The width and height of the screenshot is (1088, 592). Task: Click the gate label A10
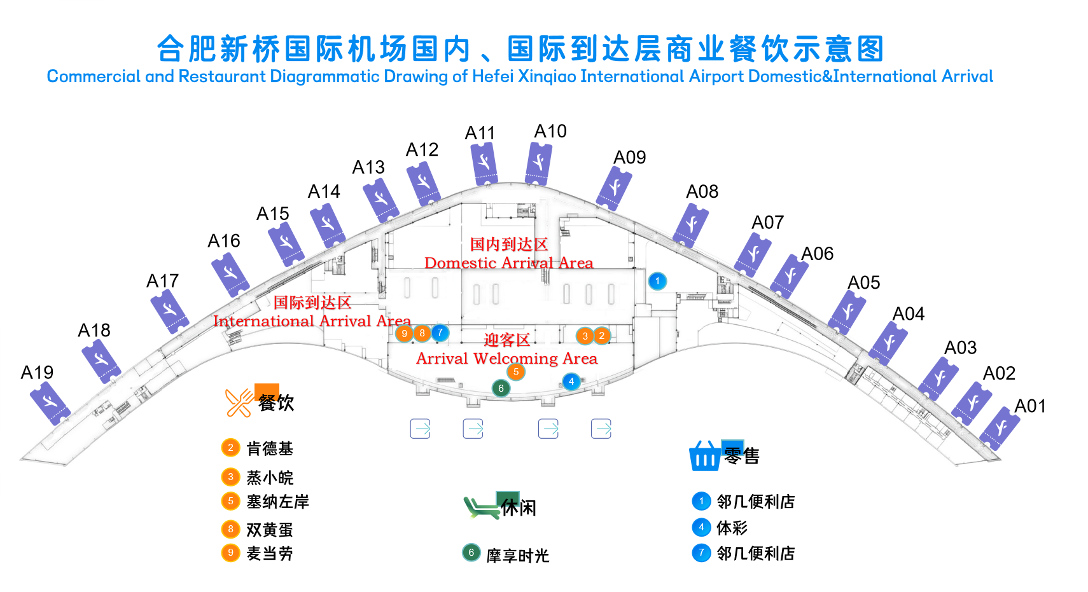550,131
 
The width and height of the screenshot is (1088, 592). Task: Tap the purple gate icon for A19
50,403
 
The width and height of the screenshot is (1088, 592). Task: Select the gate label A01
1029,406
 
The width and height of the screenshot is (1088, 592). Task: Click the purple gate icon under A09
614,188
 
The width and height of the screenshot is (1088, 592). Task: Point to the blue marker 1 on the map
657,281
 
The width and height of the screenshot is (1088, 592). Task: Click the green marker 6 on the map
501,388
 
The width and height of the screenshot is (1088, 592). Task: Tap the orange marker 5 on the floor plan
516,372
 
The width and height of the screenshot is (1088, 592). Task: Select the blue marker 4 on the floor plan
571,382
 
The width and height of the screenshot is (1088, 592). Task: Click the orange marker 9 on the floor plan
404,333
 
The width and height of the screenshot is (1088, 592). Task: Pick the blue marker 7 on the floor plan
440,333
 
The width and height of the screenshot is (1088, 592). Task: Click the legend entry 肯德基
270,448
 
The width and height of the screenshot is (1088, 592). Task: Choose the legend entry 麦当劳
270,553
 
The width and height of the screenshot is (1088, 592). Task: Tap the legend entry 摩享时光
518,556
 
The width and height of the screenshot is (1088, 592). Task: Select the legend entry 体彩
732,528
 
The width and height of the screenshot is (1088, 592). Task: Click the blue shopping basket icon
705,456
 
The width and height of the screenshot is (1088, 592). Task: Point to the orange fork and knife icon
239,403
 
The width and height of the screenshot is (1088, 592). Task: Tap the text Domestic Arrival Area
508,263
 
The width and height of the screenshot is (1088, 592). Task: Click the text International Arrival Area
312,321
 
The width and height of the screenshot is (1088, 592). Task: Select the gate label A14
324,191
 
